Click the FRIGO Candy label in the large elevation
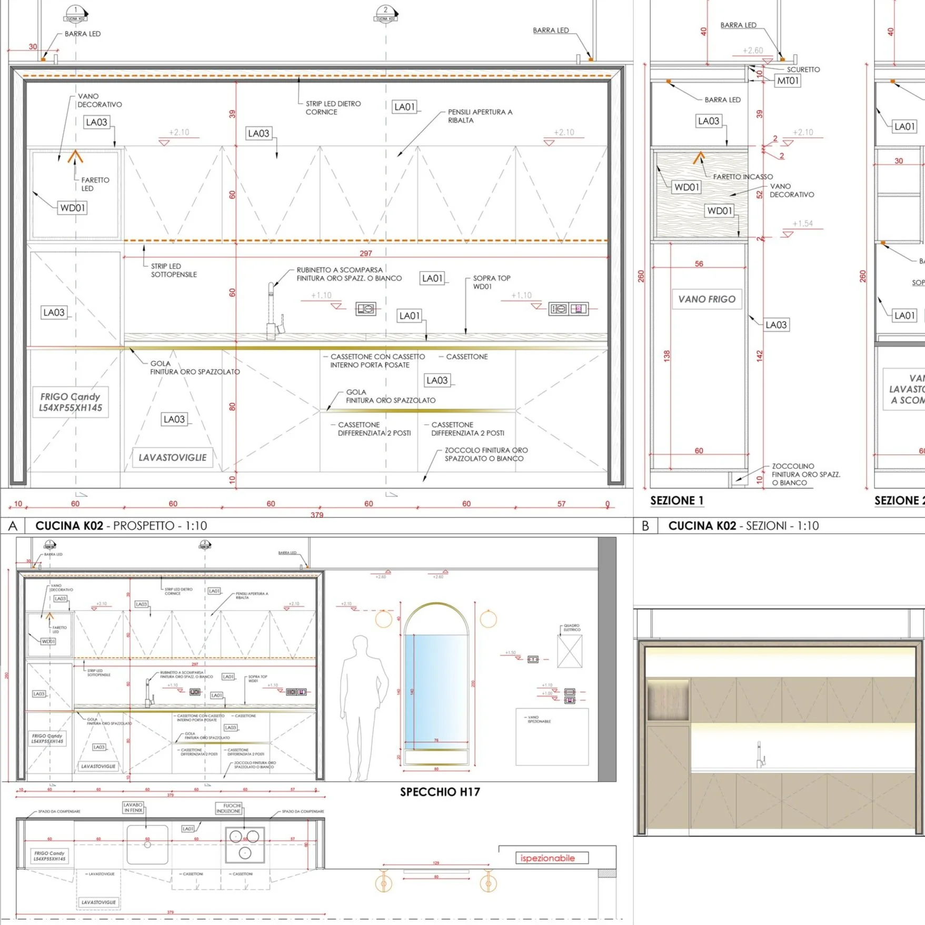click(x=71, y=402)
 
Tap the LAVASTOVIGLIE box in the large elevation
click(x=172, y=457)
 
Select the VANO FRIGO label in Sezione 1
click(x=707, y=299)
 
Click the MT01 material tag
click(x=788, y=81)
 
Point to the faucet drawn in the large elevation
click(x=274, y=311)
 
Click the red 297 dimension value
click(x=366, y=253)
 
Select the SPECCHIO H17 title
click(x=440, y=792)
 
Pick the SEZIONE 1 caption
click(x=677, y=500)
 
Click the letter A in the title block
click(x=13, y=526)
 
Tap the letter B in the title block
click(x=645, y=526)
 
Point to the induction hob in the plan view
click(x=245, y=844)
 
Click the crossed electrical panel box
click(x=570, y=651)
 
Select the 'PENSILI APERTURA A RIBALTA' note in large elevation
click(x=480, y=116)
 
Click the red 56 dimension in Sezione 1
click(x=699, y=264)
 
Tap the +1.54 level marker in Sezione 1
click(x=802, y=224)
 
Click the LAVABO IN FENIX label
click(x=133, y=808)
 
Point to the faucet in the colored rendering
click(x=760, y=755)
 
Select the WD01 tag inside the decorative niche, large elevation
click(x=73, y=208)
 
